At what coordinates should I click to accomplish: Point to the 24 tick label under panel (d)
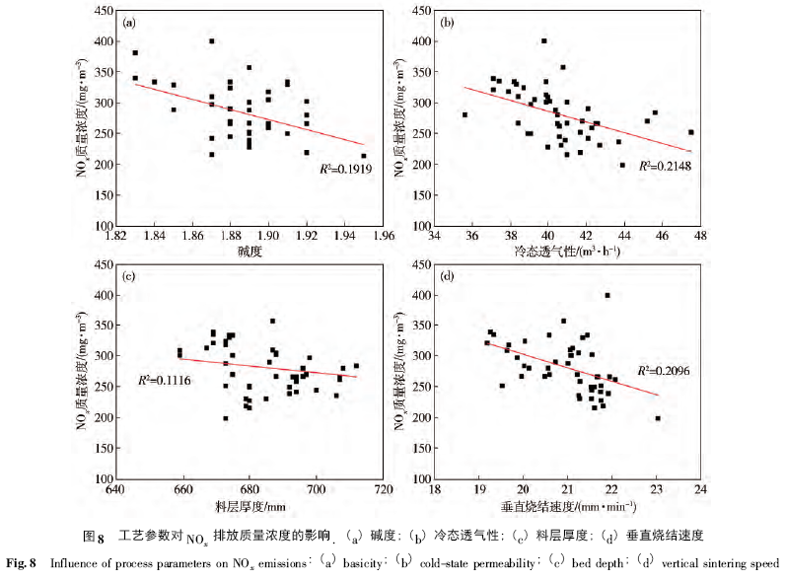coord(699,490)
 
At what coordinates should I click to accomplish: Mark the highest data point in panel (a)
coord(212,41)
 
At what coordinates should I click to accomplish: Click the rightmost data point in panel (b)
coord(691,132)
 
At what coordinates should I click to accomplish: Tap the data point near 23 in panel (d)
coord(658,418)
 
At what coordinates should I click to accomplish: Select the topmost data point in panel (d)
coord(607,295)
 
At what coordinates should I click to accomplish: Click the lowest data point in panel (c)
coord(226,418)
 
